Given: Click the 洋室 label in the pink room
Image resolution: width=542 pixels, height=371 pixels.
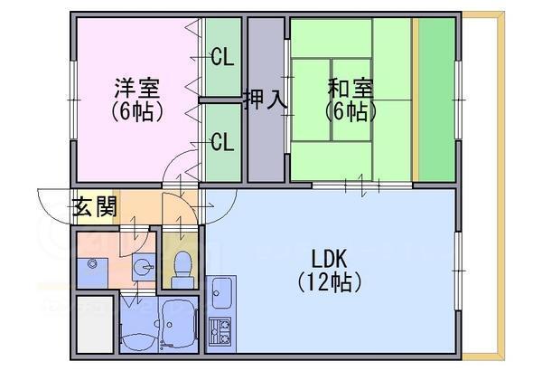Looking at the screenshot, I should (137, 90).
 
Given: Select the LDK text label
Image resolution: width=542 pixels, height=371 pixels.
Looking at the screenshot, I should (330, 258).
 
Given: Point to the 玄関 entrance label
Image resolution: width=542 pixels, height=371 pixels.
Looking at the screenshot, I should (95, 208).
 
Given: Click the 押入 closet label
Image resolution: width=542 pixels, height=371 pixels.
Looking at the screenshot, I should (266, 100).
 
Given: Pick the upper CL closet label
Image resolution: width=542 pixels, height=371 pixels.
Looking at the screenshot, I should (222, 59).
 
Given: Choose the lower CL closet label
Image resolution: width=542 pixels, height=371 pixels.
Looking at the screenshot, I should (222, 142).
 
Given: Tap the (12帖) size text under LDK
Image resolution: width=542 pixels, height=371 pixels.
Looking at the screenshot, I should (330, 281).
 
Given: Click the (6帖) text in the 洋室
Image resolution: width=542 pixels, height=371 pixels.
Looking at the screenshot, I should (137, 112).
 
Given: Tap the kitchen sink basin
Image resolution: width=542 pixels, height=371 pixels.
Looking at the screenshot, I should (221, 293).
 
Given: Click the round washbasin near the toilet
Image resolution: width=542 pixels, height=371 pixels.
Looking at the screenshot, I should (141, 267).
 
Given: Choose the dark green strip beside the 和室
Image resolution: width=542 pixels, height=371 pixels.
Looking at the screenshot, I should (436, 100).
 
